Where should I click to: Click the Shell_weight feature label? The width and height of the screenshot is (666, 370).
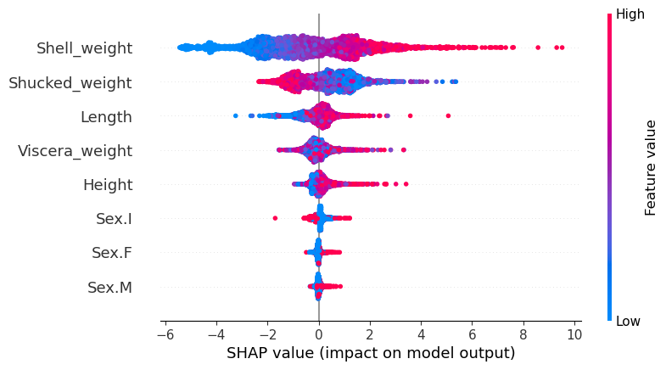[84, 48]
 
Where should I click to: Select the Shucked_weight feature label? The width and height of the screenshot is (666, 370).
[70, 82]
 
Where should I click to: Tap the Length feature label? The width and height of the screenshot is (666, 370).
[106, 117]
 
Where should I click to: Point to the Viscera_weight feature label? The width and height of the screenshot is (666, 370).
[76, 151]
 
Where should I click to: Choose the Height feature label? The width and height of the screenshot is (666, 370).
[108, 185]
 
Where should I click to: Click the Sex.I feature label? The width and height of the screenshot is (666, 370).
[114, 219]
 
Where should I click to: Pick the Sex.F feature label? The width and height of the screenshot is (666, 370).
[112, 253]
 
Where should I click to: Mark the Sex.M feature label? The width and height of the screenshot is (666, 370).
[109, 288]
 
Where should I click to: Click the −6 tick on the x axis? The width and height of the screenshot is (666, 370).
[162, 334]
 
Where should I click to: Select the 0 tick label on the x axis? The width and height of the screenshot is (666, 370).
[319, 334]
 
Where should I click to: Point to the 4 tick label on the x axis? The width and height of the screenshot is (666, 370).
[422, 334]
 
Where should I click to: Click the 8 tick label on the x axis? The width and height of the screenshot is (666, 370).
[523, 334]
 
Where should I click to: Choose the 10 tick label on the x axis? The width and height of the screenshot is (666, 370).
[574, 334]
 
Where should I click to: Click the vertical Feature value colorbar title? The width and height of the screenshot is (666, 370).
[651, 167]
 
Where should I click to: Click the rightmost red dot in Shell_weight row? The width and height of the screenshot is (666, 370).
[562, 48]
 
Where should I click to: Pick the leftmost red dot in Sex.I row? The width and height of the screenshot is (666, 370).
[275, 218]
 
